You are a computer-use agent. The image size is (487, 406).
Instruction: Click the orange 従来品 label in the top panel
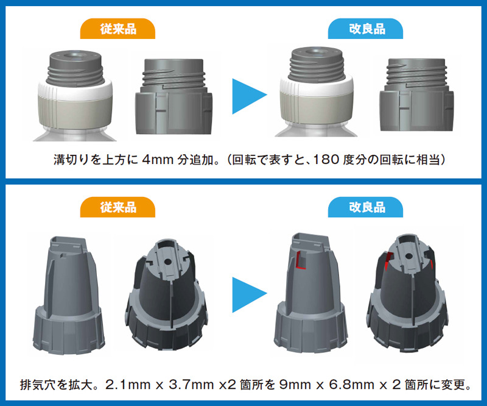118,28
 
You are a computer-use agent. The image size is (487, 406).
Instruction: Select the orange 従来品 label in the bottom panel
118,207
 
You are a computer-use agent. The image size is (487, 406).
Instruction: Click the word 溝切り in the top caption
69,160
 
